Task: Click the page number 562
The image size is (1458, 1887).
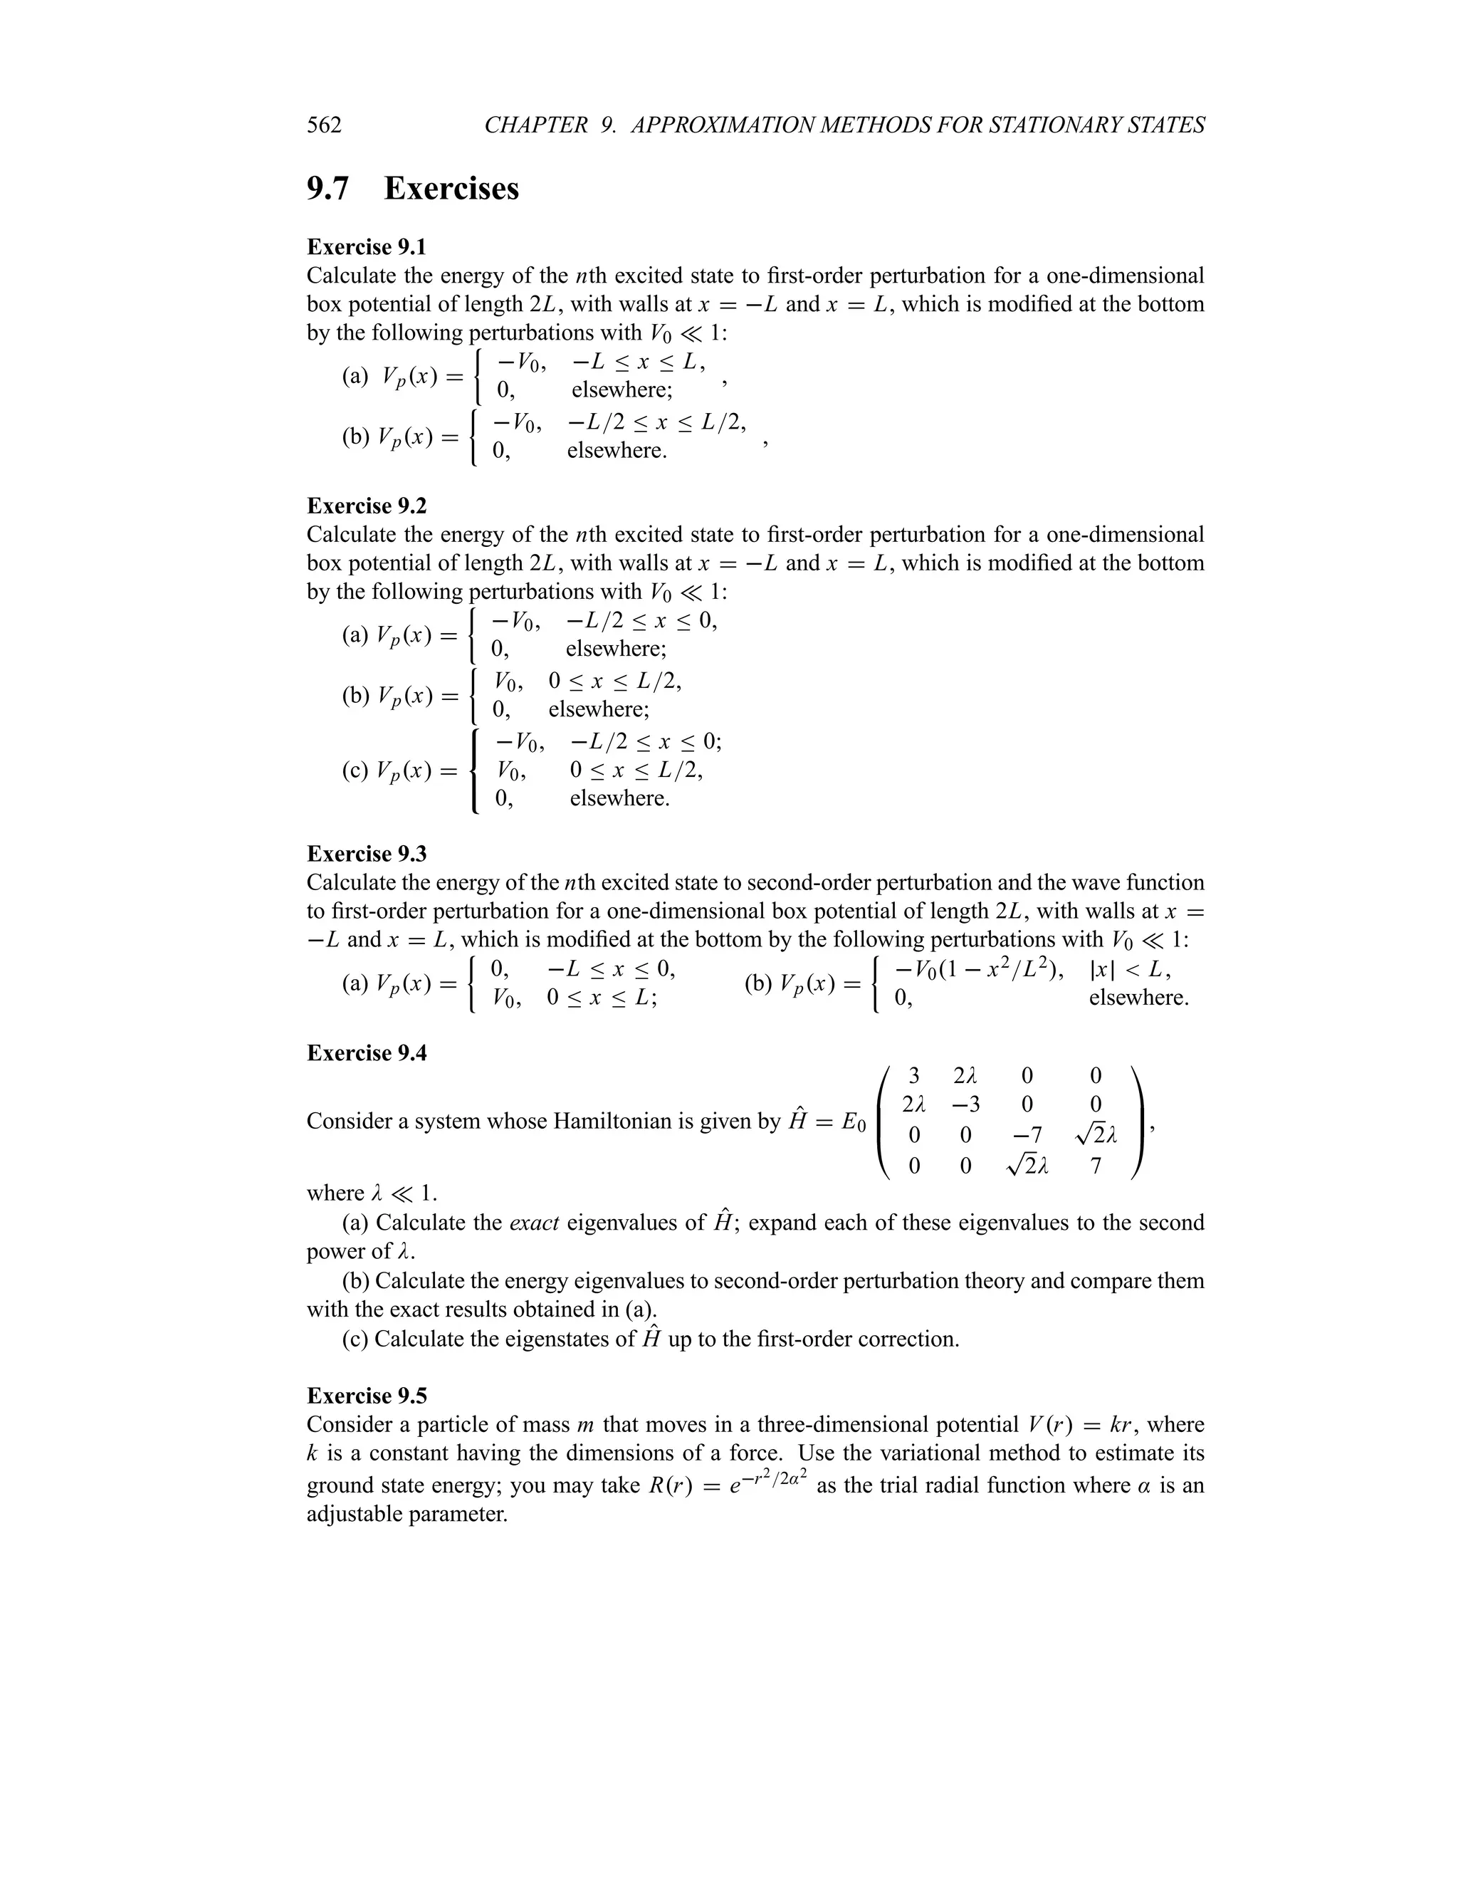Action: [x=324, y=125]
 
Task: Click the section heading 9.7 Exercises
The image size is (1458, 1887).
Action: [x=412, y=189]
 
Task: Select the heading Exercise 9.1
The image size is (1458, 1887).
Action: [x=366, y=247]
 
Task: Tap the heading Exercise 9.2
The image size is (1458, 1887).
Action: [x=366, y=506]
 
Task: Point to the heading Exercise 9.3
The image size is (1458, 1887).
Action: [x=366, y=854]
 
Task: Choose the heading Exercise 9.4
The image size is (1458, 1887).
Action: [x=366, y=1053]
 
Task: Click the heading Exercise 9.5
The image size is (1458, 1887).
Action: [x=366, y=1396]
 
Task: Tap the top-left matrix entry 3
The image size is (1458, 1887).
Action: [x=914, y=1076]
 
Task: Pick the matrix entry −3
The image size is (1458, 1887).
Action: [x=965, y=1105]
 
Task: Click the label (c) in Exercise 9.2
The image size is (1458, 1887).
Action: [x=356, y=770]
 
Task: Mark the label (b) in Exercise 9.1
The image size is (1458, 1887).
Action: [x=356, y=437]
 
